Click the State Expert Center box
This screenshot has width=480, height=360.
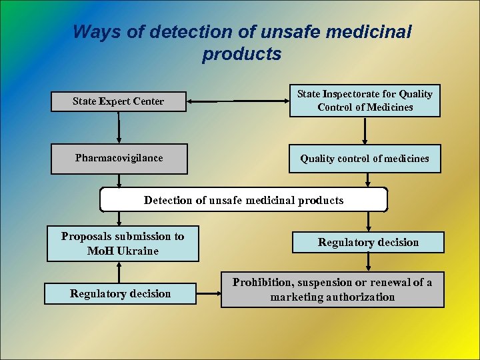pyautogui.click(x=119, y=101)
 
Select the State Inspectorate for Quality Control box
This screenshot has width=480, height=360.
pyautogui.click(x=365, y=101)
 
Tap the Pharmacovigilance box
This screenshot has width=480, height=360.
pyautogui.click(x=119, y=159)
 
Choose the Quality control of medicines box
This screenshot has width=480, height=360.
pyautogui.click(x=365, y=159)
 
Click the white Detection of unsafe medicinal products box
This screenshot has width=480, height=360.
pyautogui.click(x=243, y=200)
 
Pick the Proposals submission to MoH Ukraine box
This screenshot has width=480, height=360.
pyautogui.click(x=123, y=243)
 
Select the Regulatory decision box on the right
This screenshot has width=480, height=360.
pyautogui.click(x=368, y=242)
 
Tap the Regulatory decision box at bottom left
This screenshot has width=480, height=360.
pyautogui.click(x=120, y=293)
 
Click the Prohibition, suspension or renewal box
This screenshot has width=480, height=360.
pyautogui.click(x=332, y=290)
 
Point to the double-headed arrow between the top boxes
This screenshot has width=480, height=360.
pyautogui.click(x=237, y=101)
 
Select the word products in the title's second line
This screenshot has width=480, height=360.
pyautogui.click(x=241, y=54)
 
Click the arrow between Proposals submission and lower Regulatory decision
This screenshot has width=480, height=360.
pyautogui.click(x=119, y=272)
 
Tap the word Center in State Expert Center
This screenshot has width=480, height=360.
pyautogui.click(x=148, y=101)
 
